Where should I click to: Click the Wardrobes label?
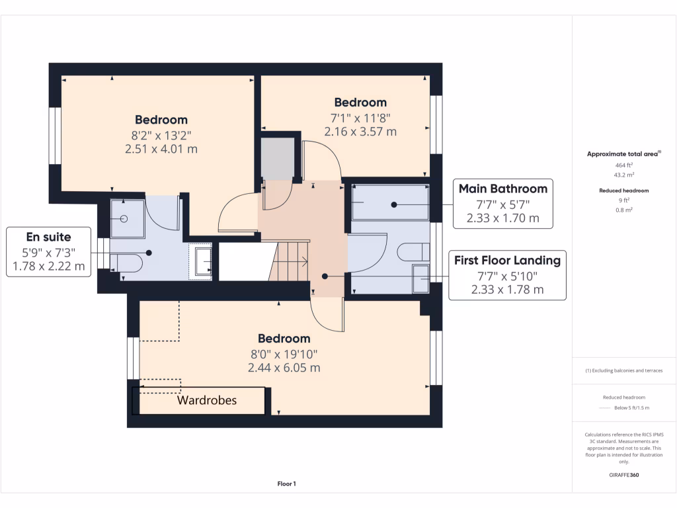pyautogui.click(x=206, y=400)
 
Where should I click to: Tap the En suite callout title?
pyautogui.click(x=48, y=237)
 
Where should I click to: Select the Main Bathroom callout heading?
pyautogui.click(x=503, y=189)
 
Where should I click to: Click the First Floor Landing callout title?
pyautogui.click(x=507, y=260)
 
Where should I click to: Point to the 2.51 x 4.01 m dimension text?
pyautogui.click(x=161, y=149)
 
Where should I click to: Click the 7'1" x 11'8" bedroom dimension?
pyautogui.click(x=360, y=118)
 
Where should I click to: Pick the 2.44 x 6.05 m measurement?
pyautogui.click(x=284, y=367)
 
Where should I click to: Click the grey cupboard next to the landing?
pyautogui.click(x=277, y=157)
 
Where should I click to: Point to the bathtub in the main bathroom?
pyautogui.click(x=390, y=202)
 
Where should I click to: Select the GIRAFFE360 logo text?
pyautogui.click(x=624, y=475)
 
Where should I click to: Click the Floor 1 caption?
pyautogui.click(x=286, y=484)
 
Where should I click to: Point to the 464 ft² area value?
pyautogui.click(x=624, y=165)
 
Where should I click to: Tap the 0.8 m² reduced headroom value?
pyautogui.click(x=624, y=209)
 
